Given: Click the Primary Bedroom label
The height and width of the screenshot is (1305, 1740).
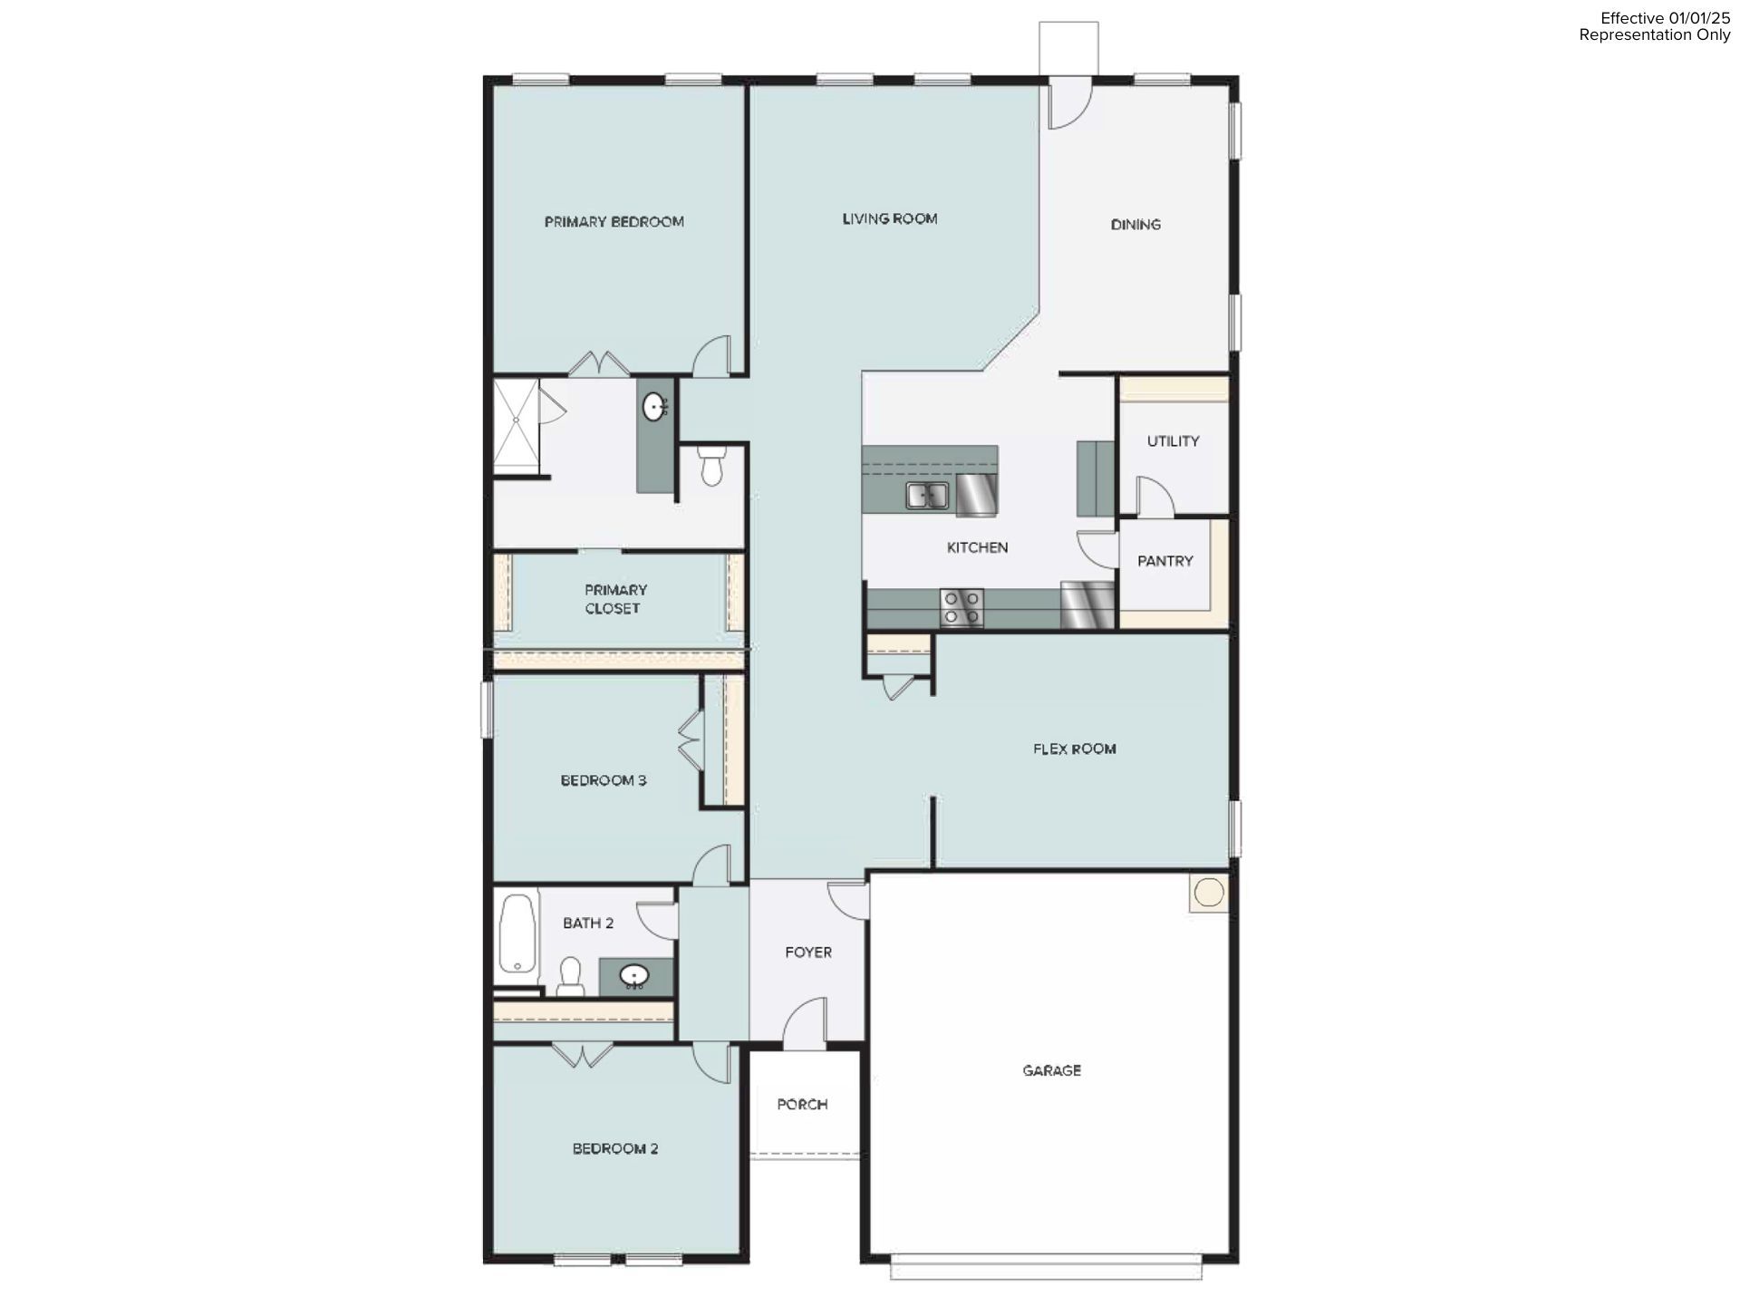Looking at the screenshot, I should click(614, 222).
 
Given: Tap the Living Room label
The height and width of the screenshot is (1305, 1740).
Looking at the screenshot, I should click(889, 218).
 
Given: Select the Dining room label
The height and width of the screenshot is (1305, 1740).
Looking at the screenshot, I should click(1136, 225).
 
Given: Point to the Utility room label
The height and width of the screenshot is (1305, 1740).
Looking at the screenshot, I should click(1173, 441).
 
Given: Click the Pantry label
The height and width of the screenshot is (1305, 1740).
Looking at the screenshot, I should click(1165, 561).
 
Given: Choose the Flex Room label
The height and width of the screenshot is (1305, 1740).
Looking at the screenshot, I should click(1074, 749).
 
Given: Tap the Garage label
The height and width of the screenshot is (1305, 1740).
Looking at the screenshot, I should click(1051, 1070).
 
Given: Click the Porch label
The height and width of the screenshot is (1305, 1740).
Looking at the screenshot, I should click(802, 1104).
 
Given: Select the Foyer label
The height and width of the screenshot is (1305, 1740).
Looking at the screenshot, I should click(807, 952).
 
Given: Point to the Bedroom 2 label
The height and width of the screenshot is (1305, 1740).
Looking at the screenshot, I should click(614, 1148).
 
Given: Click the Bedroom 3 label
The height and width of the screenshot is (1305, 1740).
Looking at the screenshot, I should click(603, 780).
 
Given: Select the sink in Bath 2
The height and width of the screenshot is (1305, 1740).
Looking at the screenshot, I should click(634, 976).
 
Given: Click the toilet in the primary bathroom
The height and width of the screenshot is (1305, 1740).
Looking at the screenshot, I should click(711, 466).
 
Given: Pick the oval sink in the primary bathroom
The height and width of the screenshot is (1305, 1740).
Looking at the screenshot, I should click(653, 408).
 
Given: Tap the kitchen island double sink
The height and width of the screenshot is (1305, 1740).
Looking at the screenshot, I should click(926, 496).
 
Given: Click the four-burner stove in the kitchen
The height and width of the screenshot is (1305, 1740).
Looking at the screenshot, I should click(961, 607).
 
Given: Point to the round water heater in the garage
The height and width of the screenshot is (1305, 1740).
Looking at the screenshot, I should click(1208, 893).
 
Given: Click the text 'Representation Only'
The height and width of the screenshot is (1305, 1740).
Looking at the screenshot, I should click(1654, 35).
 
